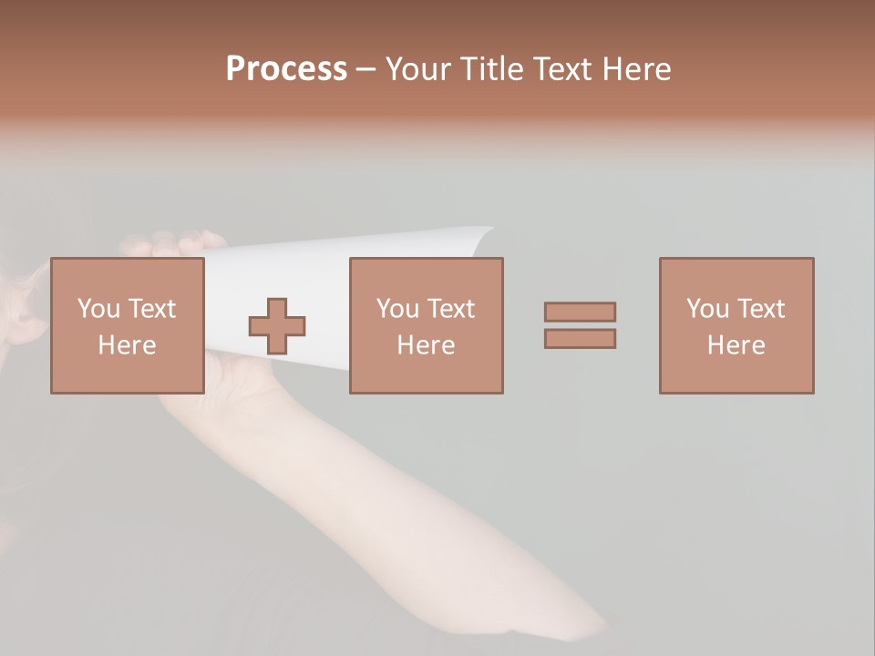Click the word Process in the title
(286, 69)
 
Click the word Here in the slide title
(637, 69)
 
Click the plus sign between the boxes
(277, 326)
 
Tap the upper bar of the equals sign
(580, 312)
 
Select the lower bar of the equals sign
(580, 338)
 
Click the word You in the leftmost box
(98, 309)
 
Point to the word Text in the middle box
(451, 309)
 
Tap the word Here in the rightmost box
(736, 345)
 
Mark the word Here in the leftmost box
(128, 345)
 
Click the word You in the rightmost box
(707, 309)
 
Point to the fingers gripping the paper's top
(173, 243)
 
